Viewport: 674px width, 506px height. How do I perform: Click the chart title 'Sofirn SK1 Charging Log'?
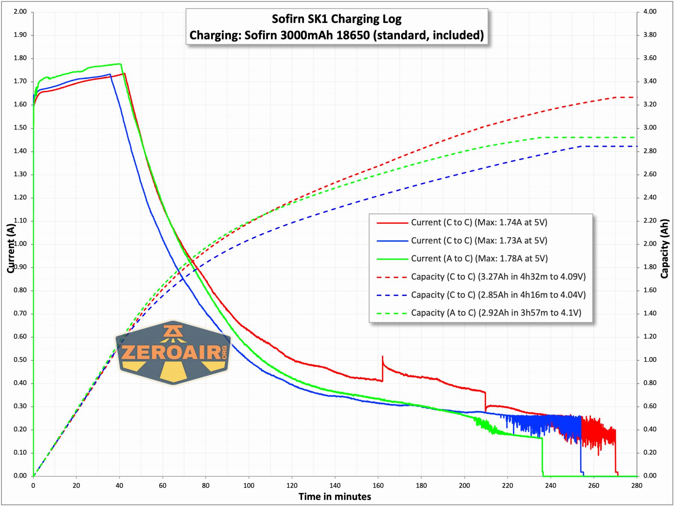[x=336, y=19]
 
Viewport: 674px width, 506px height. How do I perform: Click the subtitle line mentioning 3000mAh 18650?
[x=336, y=35]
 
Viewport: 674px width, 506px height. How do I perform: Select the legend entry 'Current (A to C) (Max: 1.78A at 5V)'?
[x=479, y=259]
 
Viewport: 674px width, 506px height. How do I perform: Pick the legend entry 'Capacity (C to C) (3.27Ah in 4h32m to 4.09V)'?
[x=498, y=277]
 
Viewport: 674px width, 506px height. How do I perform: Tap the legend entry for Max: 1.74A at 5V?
[x=479, y=223]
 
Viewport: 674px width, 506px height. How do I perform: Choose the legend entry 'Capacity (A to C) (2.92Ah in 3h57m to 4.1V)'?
[x=496, y=313]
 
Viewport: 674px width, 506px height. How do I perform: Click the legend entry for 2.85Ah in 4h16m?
[x=498, y=295]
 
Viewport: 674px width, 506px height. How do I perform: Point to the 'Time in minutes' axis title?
[x=335, y=497]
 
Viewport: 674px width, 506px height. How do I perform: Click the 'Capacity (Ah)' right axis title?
[x=664, y=249]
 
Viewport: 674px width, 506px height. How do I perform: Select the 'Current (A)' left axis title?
[x=10, y=248]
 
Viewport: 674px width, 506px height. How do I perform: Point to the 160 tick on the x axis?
[x=378, y=486]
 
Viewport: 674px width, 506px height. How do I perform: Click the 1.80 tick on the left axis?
[x=20, y=58]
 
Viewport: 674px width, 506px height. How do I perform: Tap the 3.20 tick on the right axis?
[x=650, y=104]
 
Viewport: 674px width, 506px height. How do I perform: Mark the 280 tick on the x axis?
[x=637, y=486]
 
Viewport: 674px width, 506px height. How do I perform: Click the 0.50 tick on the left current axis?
[x=20, y=360]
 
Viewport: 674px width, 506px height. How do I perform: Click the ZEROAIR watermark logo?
[x=173, y=352]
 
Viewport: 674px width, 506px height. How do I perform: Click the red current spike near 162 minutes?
[x=382, y=357]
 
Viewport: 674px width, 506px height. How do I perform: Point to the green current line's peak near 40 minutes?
[x=120, y=64]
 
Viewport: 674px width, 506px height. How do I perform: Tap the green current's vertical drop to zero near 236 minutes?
[x=542, y=457]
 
